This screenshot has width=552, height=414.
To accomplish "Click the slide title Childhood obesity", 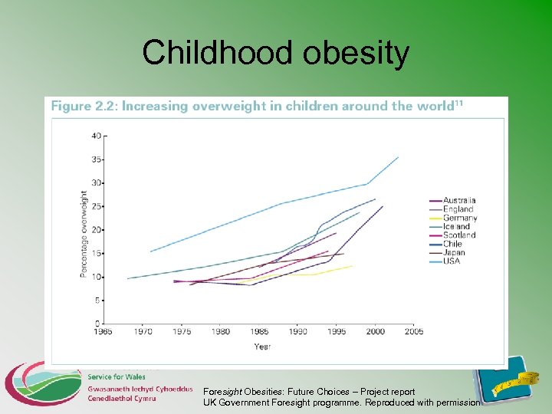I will (275, 53).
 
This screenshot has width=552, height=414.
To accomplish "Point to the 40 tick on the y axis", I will (96, 136).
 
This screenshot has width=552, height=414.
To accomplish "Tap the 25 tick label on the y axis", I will (96, 206).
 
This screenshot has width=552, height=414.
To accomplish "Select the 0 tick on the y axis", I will (97, 324).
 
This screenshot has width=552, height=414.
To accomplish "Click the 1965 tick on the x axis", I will (103, 332).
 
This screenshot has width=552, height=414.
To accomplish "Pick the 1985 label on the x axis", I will (258, 332).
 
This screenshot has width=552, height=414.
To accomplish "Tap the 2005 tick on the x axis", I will (413, 332).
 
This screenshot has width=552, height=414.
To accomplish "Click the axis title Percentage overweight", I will (84, 235).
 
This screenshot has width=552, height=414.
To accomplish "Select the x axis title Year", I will (262, 347).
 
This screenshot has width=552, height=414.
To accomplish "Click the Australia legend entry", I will (459, 201).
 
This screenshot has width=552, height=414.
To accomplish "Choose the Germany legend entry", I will (459, 218).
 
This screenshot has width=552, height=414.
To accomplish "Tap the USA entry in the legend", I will (452, 261).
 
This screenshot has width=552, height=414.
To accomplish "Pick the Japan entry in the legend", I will (453, 252).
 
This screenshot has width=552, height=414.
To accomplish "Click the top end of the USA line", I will (398, 157).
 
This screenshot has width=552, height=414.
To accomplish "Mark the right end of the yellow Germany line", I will (352, 266).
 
